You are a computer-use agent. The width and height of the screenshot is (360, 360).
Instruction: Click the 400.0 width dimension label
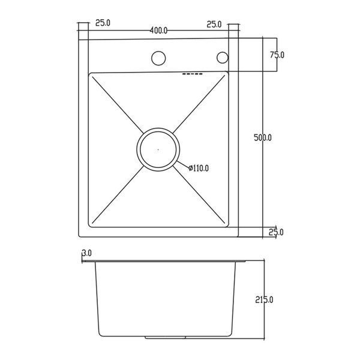coord(158,31)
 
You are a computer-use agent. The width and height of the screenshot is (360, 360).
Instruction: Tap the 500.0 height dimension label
coord(263,137)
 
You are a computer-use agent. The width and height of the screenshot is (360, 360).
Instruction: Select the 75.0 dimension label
coord(277,55)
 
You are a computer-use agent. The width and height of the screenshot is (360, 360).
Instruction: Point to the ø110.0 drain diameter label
coord(199,168)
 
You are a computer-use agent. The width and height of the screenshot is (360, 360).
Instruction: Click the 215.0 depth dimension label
coord(264,300)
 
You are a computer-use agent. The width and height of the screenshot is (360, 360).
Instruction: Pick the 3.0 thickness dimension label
coord(87,253)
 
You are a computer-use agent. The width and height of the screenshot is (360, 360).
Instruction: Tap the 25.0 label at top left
coord(103,23)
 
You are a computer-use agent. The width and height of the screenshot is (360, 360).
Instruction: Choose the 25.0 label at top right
coord(214,25)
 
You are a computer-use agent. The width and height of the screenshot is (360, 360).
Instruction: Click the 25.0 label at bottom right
coord(276,232)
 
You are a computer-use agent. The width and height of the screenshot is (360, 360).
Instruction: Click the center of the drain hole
coord(158,149)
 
